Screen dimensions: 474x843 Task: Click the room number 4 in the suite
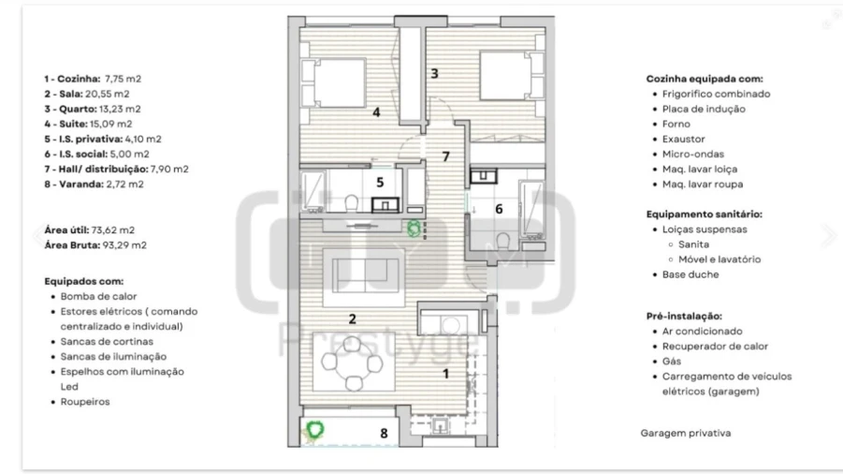[375, 112]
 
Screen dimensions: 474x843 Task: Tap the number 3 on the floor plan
[434, 73]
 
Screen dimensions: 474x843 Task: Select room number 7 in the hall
[446, 156]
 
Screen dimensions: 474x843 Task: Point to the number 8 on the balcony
[383, 433]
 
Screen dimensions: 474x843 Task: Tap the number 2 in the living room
[352, 318]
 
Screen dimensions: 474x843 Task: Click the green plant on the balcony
[316, 430]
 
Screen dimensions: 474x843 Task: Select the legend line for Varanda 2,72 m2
[95, 184]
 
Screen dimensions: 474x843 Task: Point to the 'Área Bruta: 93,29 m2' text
[96, 244]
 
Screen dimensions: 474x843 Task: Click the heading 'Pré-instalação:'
[684, 317]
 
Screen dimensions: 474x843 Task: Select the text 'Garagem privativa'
[685, 434]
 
